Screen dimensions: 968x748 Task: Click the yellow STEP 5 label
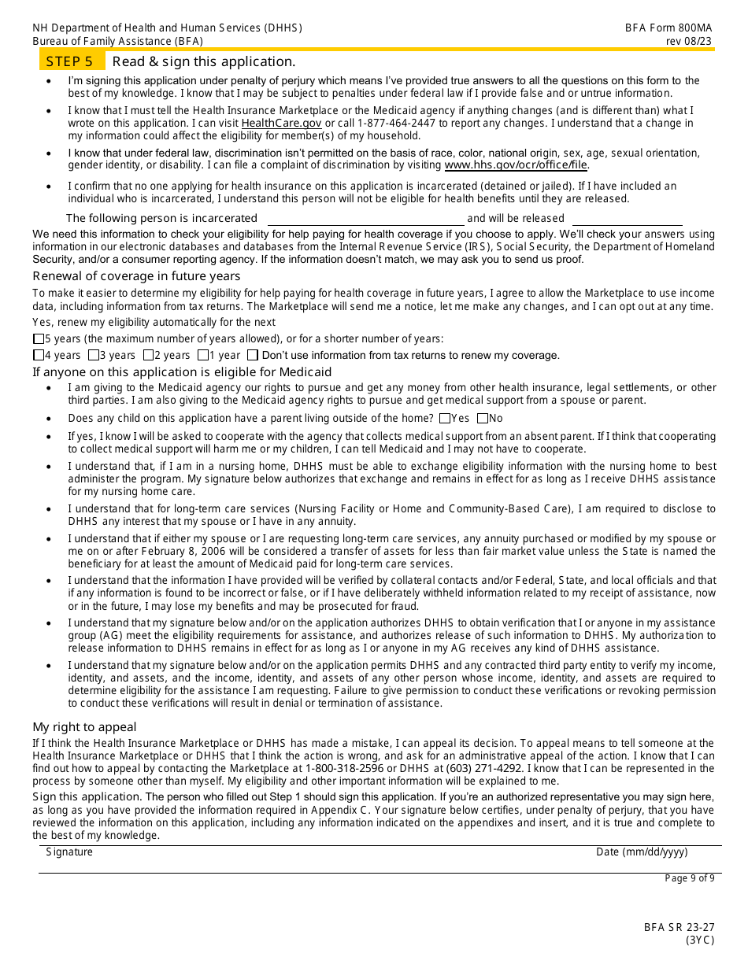point(69,61)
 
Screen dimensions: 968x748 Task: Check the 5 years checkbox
point(39,339)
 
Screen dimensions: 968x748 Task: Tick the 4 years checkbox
point(39,355)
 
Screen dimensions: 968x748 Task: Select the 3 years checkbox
point(94,355)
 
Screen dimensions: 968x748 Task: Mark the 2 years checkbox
point(149,355)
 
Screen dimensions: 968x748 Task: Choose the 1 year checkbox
point(203,355)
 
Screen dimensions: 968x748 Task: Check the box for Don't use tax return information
point(253,355)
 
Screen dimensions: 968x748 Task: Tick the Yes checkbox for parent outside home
point(446,419)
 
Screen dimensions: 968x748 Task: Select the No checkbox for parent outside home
point(483,419)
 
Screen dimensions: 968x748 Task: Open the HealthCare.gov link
point(281,124)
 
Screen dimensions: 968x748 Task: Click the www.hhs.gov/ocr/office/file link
point(516,165)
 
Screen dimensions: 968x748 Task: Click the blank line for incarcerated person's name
point(366,219)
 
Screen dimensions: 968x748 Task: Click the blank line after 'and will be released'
point(627,219)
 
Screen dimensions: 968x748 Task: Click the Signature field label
point(69,852)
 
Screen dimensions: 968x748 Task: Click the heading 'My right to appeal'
point(84,727)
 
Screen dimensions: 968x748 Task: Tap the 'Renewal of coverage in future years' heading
point(136,276)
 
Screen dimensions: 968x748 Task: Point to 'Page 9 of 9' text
point(690,878)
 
